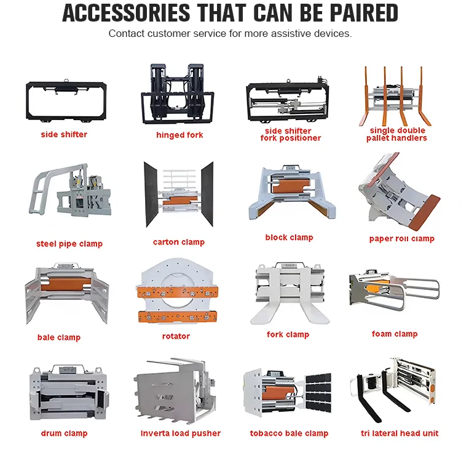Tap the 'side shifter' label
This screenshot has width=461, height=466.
pos(64,134)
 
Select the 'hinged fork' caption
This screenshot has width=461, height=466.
pos(179,135)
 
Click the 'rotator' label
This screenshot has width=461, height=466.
pos(176,336)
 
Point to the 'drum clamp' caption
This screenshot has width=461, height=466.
pos(64,433)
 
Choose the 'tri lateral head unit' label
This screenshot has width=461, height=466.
pos(400,433)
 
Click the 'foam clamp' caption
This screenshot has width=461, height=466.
pos(395,334)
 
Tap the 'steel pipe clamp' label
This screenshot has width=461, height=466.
pos(69,244)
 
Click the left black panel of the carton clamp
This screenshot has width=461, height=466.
pos(151,194)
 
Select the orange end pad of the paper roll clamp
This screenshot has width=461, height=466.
pos(425,212)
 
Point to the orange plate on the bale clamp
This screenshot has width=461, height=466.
pos(66,284)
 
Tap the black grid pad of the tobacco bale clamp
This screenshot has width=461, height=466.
pos(318,393)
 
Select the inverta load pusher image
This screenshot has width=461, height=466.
pos(176,391)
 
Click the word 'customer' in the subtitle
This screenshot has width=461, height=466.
pos(168,34)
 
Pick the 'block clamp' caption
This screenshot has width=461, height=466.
pos(290,238)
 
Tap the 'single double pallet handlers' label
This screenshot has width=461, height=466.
pos(396,134)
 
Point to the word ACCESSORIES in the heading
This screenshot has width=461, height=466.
pos(127,13)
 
